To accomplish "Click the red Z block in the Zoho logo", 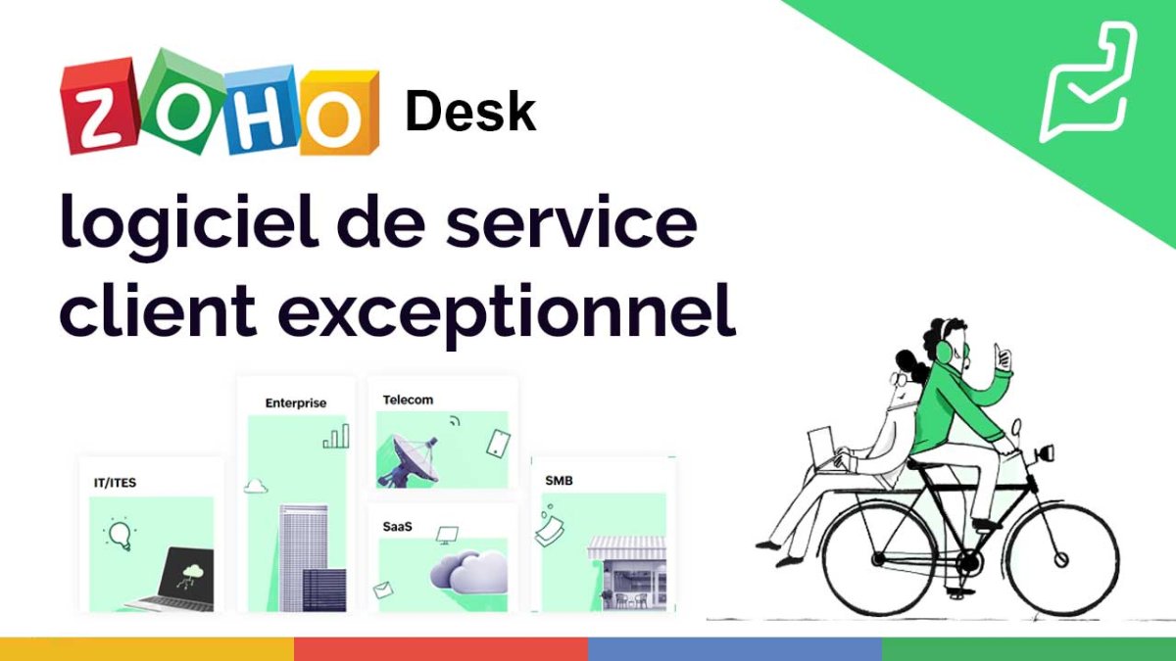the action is coord(101,108).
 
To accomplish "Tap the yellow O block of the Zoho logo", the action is coord(339,114).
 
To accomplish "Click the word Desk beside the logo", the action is coord(470,112).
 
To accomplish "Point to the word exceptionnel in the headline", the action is coord(507,313).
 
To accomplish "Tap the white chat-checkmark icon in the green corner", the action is coord(1089,81).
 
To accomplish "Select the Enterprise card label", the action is coord(296,402).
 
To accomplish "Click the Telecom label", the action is coord(408,400).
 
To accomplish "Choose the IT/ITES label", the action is coord(115,483).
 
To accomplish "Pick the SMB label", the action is coord(559,481).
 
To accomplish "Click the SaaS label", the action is coord(398,526).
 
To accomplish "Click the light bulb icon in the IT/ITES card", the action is coord(120,534).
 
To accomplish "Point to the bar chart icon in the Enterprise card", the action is coord(336,437).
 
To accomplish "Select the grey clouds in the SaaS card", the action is coord(468,571).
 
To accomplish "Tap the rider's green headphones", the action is coord(944,348).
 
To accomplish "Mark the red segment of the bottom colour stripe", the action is coord(441,649).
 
